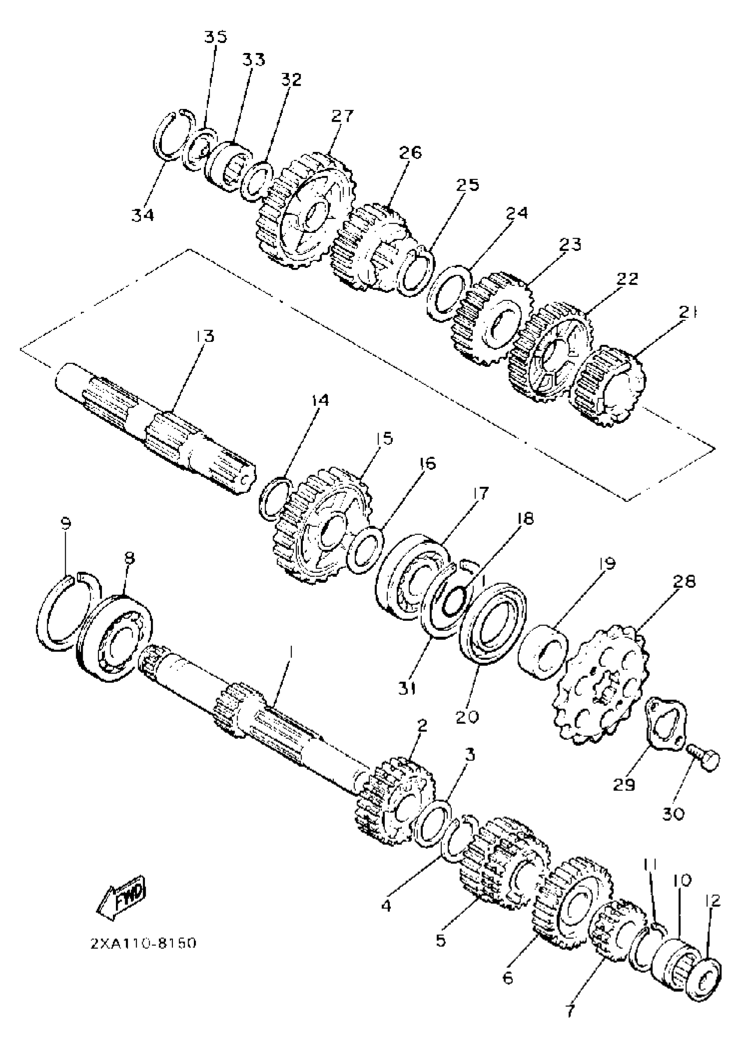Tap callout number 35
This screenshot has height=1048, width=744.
(x=216, y=37)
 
